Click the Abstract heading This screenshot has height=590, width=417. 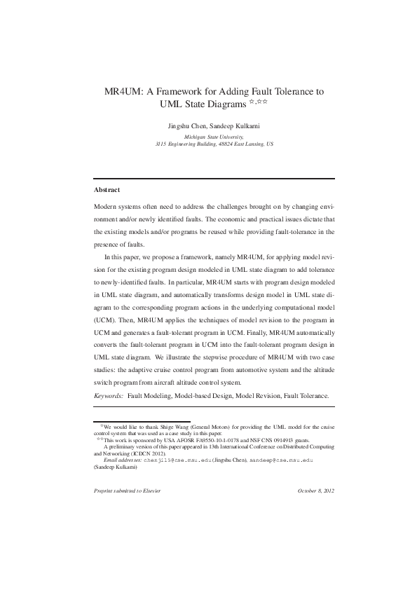pos(107,190)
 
